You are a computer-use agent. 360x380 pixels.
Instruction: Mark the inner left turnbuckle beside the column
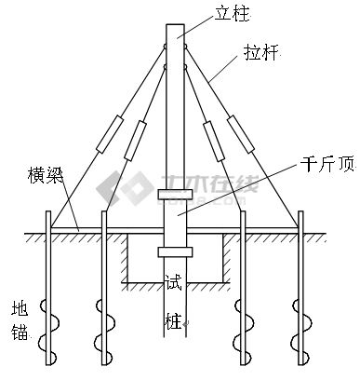coord(134,139)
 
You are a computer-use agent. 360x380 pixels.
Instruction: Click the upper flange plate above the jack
coord(175,195)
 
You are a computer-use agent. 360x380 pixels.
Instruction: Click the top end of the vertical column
coord(175,20)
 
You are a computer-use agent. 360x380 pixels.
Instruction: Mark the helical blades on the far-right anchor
coord(301,321)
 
